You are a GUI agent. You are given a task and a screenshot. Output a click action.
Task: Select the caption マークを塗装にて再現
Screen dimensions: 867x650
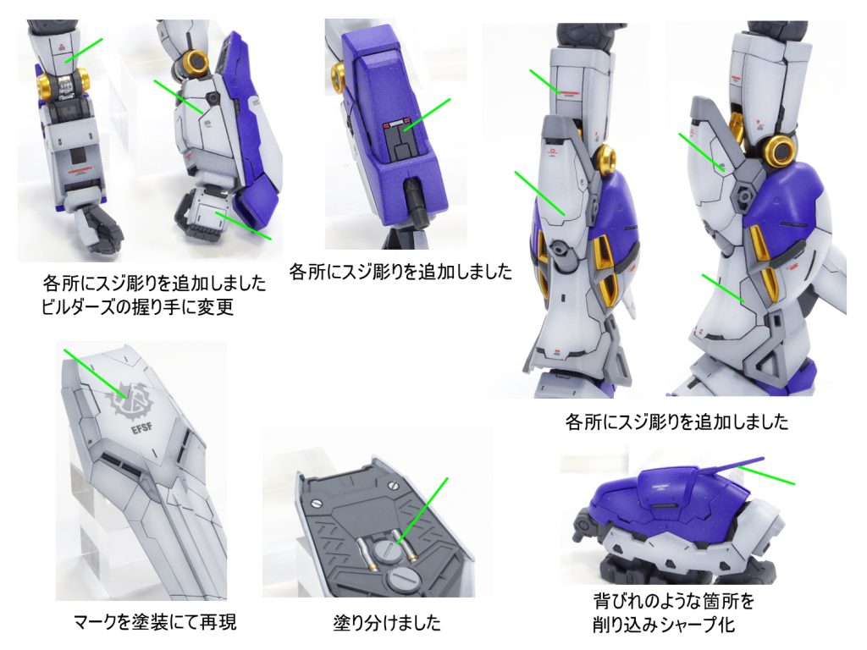(x=155, y=622)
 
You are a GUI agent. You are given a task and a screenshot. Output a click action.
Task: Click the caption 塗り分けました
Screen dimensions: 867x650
(x=387, y=623)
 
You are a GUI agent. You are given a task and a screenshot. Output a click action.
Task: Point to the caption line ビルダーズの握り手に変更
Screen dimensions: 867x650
(x=137, y=306)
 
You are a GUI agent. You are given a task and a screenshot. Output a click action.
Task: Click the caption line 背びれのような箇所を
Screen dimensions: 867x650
(x=673, y=601)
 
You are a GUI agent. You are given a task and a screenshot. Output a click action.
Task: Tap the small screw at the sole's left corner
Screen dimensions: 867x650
(x=317, y=504)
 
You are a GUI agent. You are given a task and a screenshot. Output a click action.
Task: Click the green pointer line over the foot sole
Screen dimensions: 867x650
(x=422, y=509)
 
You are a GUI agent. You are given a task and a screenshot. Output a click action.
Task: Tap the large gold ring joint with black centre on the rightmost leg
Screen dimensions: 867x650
(x=780, y=150)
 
